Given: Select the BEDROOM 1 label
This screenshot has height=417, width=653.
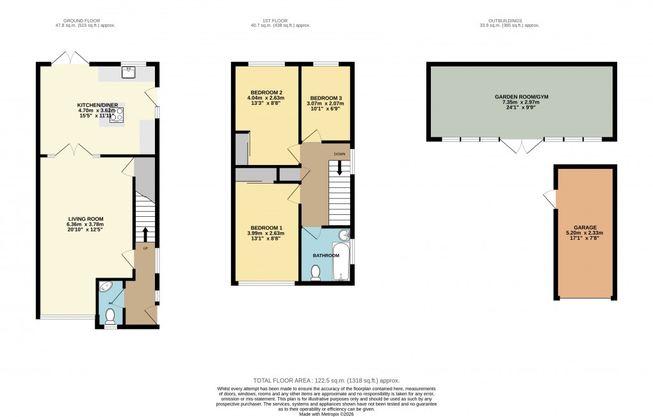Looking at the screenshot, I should click(265, 228).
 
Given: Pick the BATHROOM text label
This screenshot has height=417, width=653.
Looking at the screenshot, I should click(326, 255).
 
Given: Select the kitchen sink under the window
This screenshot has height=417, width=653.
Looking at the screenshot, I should click(128, 72).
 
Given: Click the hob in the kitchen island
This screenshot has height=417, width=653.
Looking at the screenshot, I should click(117, 114).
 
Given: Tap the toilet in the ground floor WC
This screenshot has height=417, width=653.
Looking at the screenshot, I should click(111, 315).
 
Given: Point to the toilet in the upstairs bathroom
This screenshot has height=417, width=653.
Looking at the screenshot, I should click(315, 273).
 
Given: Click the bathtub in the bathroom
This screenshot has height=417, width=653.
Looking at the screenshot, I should click(342, 262).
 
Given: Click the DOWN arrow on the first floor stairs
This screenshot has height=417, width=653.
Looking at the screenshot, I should click(339, 167).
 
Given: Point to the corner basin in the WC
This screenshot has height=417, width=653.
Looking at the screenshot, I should click(106, 287).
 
